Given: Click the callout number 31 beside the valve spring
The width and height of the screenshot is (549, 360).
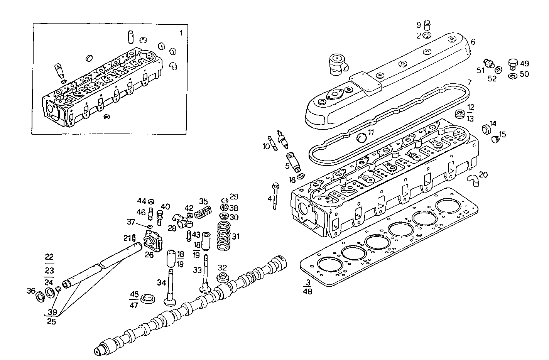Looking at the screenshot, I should coord(236,236).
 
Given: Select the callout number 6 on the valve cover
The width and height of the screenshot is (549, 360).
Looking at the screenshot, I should coord(473,42).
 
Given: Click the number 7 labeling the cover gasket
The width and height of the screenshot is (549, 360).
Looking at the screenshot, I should coord(470,82).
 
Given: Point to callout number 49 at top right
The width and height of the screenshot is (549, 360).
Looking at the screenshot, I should coord(524,64).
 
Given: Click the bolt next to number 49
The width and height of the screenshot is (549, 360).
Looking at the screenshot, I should coord(513,64).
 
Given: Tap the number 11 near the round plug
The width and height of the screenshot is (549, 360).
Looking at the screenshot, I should coord(371,132).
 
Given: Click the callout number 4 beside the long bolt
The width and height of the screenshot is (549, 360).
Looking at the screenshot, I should coord(270,199).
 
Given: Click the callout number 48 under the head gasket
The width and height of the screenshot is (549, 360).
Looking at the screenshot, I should coord(307,291).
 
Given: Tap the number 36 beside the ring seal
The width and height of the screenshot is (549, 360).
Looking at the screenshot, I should coord(31,291).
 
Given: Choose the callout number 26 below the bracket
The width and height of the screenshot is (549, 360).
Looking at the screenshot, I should coord(149,255).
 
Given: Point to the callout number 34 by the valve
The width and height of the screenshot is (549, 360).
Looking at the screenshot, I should coord(161,282).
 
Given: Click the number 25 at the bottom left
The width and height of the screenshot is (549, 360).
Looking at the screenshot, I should coord(51,321).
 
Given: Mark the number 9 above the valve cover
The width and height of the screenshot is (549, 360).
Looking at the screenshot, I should coord(419,25).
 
